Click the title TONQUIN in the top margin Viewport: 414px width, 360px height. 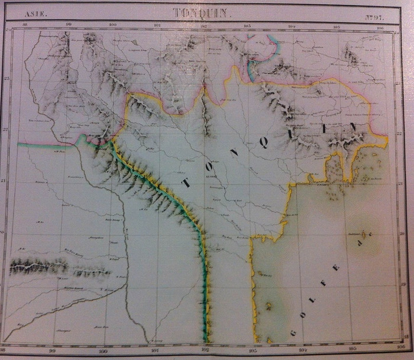(200, 12)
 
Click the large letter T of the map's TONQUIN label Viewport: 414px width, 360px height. (186, 183)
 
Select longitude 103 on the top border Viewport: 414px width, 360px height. (247, 25)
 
